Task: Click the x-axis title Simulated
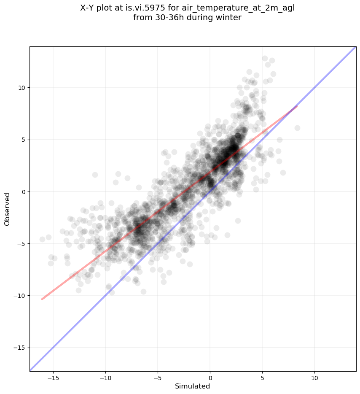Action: point(193,386)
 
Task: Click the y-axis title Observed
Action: point(7,209)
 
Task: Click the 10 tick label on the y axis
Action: point(21,88)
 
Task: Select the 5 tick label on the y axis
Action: point(23,140)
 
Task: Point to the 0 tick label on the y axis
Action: point(23,192)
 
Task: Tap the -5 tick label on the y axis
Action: point(21,244)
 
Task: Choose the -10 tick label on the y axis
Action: point(19,296)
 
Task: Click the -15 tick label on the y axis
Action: point(19,348)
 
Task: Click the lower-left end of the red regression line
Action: point(42,299)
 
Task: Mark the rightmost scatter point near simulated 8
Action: point(297,128)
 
